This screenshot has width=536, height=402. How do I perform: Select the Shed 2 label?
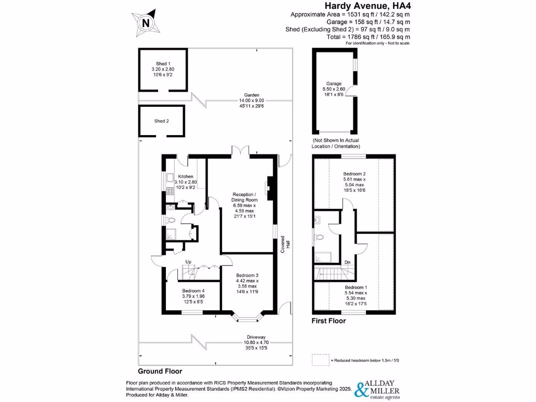[x=162, y=121]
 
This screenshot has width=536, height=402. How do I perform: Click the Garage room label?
[x=334, y=84]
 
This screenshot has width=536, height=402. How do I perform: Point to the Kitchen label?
[x=185, y=177]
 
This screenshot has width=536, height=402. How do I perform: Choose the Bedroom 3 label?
[x=247, y=275]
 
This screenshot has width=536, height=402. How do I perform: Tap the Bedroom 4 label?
[x=193, y=291]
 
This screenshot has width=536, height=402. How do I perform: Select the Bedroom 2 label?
[x=354, y=173]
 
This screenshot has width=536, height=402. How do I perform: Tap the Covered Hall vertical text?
[x=283, y=243]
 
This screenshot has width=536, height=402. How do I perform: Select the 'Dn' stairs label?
[x=347, y=262]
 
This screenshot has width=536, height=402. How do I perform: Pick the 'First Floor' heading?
[x=329, y=321]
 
